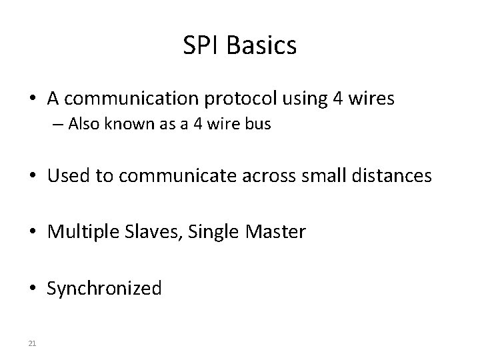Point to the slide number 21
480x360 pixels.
coord(33,343)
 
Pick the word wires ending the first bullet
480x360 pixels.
coord(371,99)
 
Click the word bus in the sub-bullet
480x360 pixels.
coord(259,125)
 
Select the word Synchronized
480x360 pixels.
coord(104,289)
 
